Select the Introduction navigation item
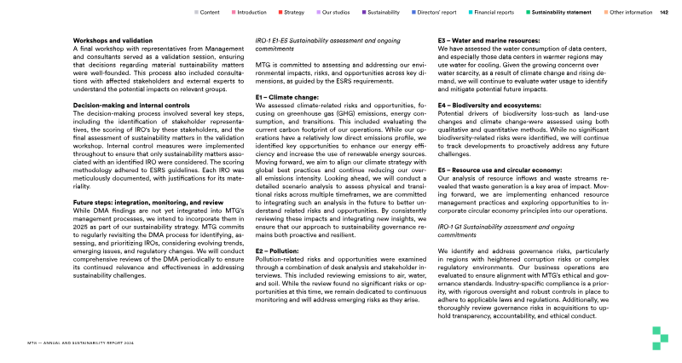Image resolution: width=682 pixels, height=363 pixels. [x=251, y=13]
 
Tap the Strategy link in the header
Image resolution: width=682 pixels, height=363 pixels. [x=294, y=13]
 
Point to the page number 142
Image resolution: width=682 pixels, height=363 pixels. [x=664, y=13]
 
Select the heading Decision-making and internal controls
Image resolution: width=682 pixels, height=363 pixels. [x=130, y=128]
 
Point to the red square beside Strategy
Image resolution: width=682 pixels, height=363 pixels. [x=280, y=13]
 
